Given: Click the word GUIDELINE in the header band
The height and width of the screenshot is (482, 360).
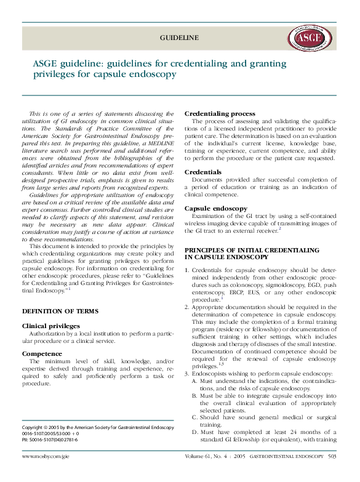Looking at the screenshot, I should tap(179, 38).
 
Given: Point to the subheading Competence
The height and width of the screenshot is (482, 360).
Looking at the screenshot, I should tap(43, 353).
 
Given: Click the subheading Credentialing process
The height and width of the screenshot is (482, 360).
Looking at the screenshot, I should tap(220, 114).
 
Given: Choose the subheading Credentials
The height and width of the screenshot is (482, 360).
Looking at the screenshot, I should tap(203, 172).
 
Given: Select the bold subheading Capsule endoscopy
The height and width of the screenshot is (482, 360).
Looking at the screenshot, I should tap(216, 209).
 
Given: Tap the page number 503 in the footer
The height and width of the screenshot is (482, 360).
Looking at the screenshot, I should tap(332, 457).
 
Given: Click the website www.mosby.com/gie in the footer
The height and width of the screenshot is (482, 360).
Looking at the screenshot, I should tap(46, 457).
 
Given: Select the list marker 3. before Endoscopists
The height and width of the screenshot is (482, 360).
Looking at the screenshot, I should tap(188, 373).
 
